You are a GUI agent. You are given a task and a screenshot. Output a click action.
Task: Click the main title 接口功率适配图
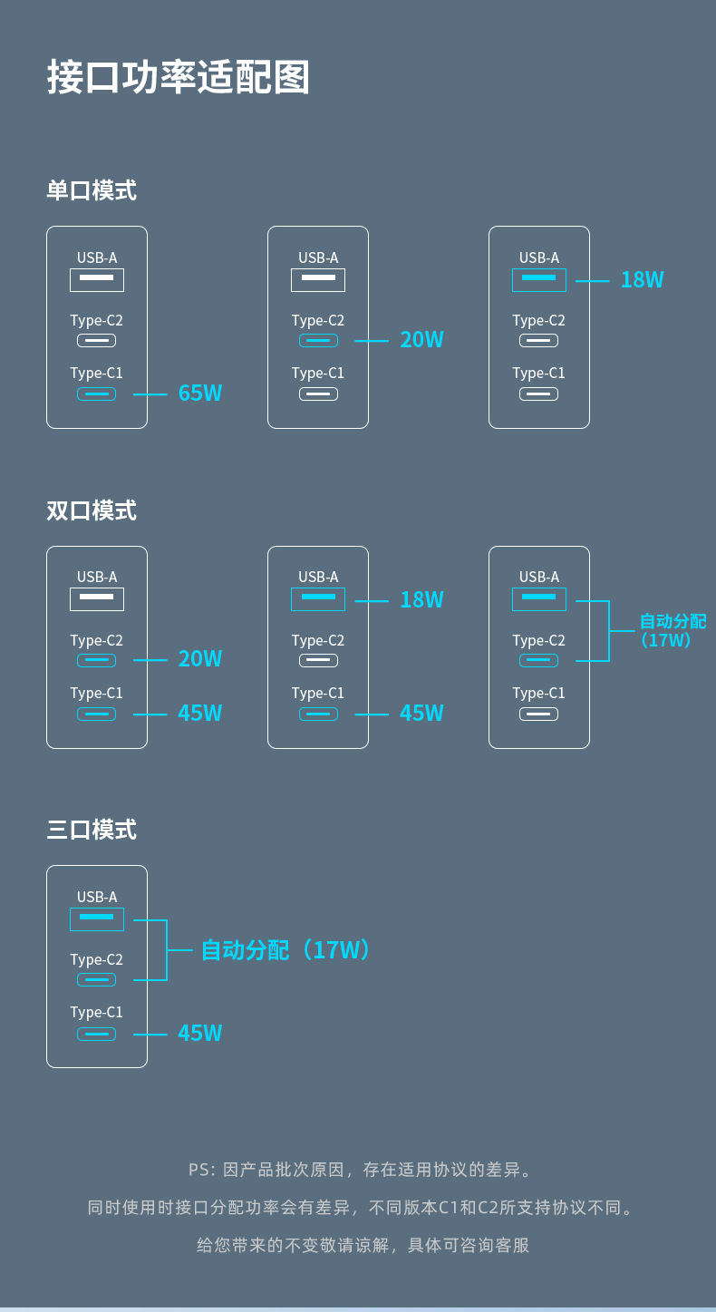[x=179, y=78]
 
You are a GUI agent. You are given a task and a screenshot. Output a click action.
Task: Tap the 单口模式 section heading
[x=92, y=190]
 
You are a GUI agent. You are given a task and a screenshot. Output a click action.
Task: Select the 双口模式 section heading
[x=92, y=510]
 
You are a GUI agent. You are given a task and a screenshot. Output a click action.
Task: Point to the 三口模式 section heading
[x=92, y=830]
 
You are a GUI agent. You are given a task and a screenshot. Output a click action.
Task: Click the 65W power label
[x=200, y=394]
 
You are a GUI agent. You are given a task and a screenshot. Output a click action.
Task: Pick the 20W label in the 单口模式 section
[x=421, y=340]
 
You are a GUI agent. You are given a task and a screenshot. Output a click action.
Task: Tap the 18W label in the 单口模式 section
[x=642, y=280]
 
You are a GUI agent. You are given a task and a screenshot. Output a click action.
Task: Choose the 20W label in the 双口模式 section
[x=200, y=659]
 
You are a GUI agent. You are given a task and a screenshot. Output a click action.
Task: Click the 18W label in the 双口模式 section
[x=421, y=599]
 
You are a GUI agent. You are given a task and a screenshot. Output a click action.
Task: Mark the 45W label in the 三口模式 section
[x=200, y=1034]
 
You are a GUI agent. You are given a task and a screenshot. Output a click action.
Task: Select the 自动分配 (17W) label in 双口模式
[x=672, y=630]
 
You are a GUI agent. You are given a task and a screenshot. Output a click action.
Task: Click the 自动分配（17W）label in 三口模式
[x=285, y=950]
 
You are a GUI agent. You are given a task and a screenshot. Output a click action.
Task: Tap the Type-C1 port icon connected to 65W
[x=96, y=394]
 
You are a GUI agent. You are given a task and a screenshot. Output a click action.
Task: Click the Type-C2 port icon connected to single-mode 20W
[x=318, y=341]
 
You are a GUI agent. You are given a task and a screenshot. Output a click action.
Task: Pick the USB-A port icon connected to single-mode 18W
[x=539, y=280]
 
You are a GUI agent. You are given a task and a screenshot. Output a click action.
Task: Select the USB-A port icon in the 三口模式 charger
[x=97, y=919]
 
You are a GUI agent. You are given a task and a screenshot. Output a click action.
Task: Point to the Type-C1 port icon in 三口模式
[x=96, y=1034]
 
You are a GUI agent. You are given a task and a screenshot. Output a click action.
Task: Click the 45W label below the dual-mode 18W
[x=421, y=714]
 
